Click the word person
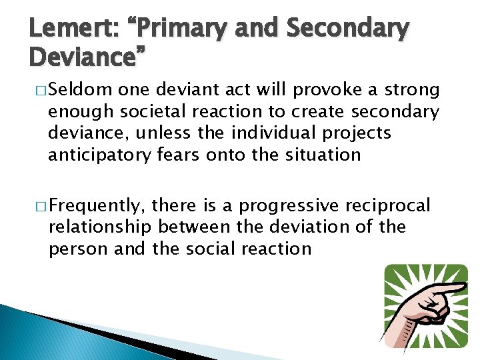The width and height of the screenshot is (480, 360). click(x=73, y=249)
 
